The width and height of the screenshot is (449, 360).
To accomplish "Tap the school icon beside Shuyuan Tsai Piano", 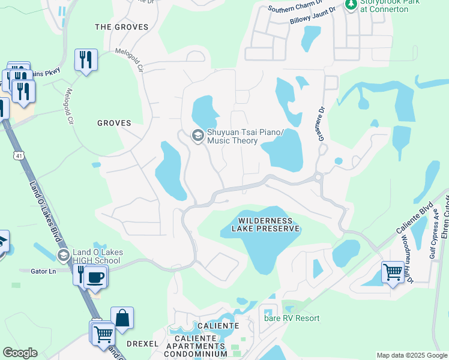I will click(197, 136).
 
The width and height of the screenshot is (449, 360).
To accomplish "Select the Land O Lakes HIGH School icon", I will click(63, 256).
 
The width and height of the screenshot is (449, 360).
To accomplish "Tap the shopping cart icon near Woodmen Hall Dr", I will click(393, 272).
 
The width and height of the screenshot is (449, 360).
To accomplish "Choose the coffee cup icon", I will click(94, 277).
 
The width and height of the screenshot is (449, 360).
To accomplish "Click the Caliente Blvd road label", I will click(414, 221).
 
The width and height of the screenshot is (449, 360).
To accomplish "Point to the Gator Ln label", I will click(43, 271).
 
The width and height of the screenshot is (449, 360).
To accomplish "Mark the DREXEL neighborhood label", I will click(142, 344).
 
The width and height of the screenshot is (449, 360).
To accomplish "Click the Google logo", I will click(20, 353).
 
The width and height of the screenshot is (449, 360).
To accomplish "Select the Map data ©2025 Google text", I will click(412, 355).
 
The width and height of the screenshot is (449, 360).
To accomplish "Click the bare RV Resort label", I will click(292, 318).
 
